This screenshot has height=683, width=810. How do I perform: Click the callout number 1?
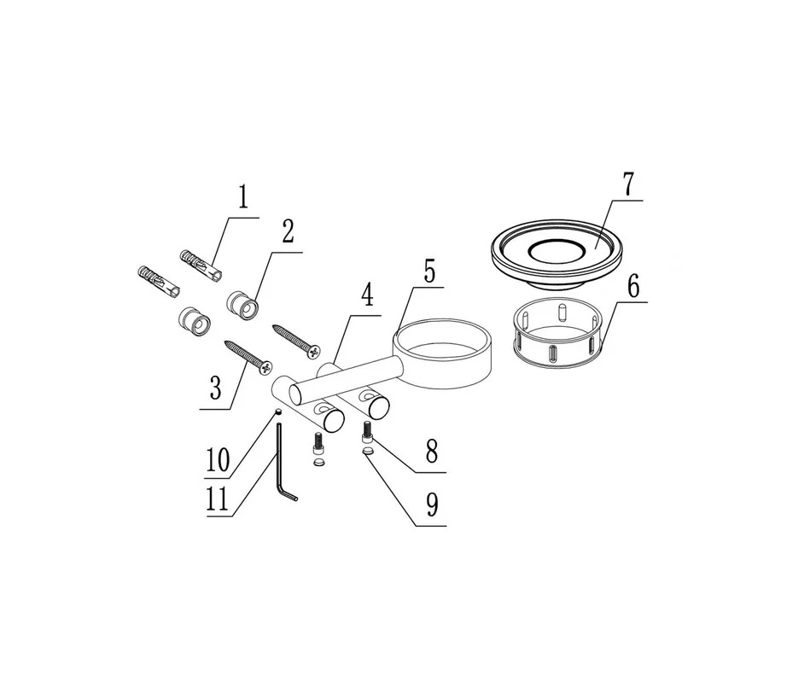242,197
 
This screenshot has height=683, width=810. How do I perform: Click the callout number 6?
634,286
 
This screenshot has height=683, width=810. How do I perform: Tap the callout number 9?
432,505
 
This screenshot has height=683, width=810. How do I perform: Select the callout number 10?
218,460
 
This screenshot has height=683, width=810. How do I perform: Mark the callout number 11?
217,500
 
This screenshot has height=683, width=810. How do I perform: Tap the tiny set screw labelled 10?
278,412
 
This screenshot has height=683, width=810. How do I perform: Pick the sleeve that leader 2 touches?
244,306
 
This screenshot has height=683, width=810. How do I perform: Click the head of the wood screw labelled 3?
266,367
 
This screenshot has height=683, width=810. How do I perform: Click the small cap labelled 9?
369,452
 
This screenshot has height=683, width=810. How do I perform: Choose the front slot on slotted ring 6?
553,354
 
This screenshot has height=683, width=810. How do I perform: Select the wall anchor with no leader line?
160,282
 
